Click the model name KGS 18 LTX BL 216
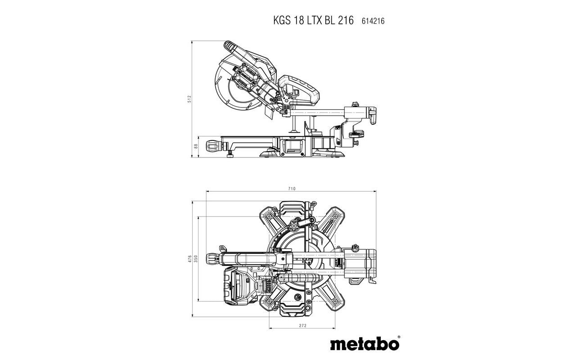(x=313, y=20)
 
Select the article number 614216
(x=373, y=21)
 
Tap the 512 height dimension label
(x=189, y=99)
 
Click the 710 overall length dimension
(x=292, y=189)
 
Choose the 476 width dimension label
(x=189, y=259)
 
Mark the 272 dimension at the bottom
(x=302, y=325)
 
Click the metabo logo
(x=364, y=343)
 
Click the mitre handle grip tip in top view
(x=211, y=258)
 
